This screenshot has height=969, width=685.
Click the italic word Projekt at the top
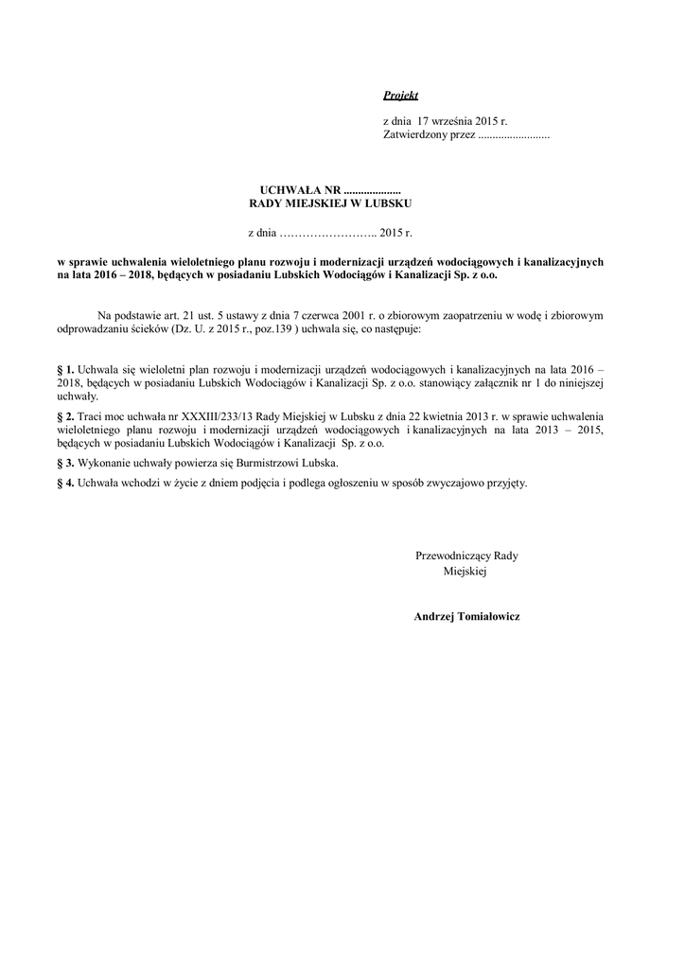click(400, 96)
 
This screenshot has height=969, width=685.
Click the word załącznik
click(505, 383)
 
